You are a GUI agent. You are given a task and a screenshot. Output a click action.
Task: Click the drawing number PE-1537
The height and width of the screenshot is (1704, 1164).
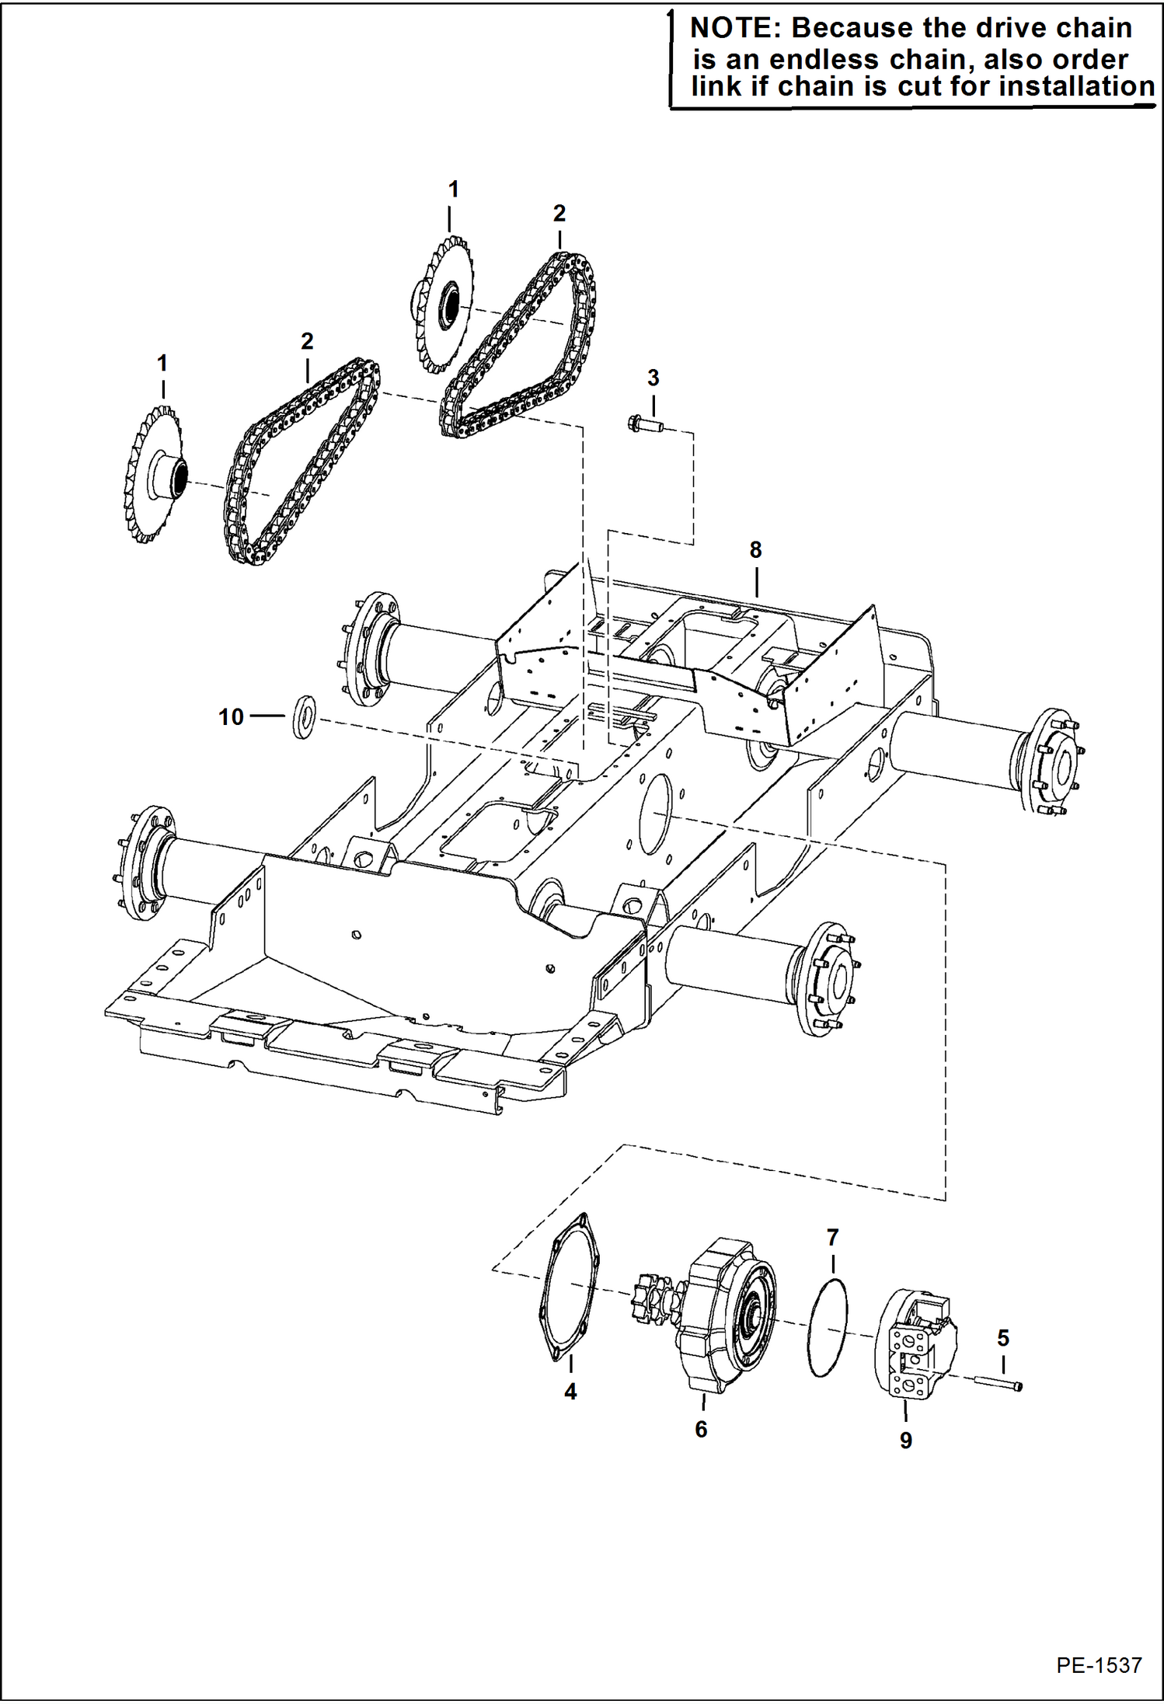(1099, 1665)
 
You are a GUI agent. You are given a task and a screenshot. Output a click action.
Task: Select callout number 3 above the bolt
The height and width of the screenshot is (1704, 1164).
(653, 378)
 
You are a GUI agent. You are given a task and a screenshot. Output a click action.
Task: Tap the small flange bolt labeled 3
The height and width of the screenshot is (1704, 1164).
(644, 424)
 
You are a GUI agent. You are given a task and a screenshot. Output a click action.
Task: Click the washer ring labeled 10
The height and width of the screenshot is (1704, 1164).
(304, 717)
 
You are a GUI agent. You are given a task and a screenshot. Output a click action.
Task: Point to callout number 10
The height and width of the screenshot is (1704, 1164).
(232, 716)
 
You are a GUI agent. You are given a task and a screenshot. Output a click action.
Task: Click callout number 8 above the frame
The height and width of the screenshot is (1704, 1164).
(755, 550)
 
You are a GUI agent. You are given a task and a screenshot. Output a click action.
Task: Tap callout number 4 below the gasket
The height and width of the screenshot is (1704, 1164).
(570, 1392)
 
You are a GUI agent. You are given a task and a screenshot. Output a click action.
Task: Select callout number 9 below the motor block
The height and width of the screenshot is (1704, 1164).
(906, 1440)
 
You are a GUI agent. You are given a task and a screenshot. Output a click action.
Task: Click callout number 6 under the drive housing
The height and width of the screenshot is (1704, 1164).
(701, 1429)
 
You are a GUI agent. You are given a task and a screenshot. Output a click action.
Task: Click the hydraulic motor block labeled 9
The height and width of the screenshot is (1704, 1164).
(915, 1341)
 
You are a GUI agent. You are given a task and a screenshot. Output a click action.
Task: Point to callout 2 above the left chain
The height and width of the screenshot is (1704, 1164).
(307, 341)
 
